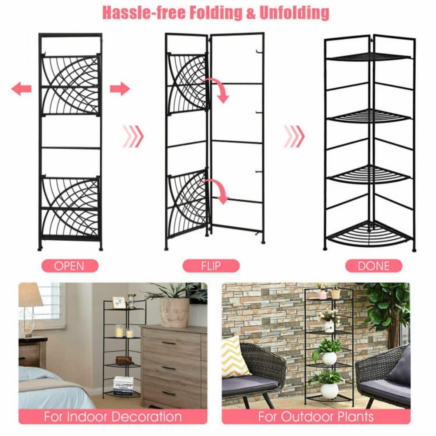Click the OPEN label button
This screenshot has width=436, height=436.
[x=70, y=266]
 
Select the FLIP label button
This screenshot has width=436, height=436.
[x=211, y=266]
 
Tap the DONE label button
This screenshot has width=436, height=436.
[x=374, y=266]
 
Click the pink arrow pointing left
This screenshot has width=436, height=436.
[x=21, y=89]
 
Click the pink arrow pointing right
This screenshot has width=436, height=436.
[x=119, y=89]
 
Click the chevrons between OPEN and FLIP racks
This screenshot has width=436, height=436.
[x=133, y=136]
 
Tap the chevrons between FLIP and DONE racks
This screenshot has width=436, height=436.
[x=294, y=136]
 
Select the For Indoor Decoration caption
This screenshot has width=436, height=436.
[x=112, y=416]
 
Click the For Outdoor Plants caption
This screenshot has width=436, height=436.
[x=316, y=416]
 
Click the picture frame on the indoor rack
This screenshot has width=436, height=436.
[x=118, y=302]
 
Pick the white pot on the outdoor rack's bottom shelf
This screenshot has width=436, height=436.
[x=329, y=390]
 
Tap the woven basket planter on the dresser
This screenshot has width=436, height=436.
[x=174, y=312]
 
